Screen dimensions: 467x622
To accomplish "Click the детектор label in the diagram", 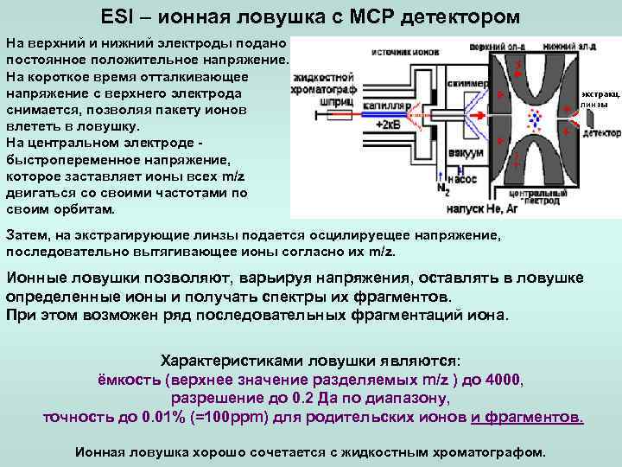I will tap(601, 134).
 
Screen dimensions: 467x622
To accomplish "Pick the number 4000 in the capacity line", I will tap(505, 380).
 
